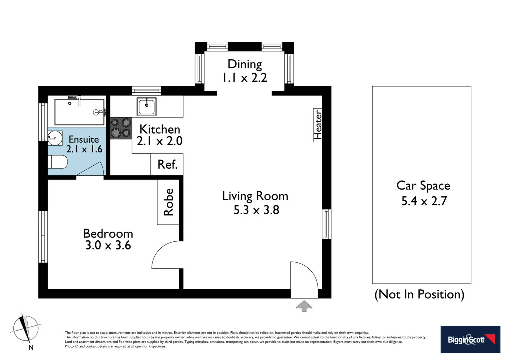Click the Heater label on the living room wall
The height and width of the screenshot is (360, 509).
coord(318,125)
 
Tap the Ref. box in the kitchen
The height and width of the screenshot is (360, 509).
coord(167,164)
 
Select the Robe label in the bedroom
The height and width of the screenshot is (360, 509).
coord(168,202)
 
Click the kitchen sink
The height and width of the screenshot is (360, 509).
coord(147,106)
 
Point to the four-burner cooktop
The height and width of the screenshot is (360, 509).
coord(121,128)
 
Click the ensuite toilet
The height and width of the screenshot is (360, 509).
coord(58,162)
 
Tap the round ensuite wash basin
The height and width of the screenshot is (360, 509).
coord(55,138)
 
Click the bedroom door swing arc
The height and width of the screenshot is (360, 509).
coord(165,255)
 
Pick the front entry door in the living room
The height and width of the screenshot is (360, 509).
coord(304,279)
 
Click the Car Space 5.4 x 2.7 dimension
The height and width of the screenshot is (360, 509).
coord(423,201)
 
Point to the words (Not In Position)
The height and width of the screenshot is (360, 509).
coord(419,294)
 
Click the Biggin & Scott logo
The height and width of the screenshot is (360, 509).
coord(470,339)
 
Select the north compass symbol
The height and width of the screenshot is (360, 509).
coord(26,329)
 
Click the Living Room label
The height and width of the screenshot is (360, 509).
coord(255,196)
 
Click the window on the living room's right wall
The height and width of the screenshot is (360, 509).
coord(327,224)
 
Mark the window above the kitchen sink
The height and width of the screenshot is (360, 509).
coord(147,91)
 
